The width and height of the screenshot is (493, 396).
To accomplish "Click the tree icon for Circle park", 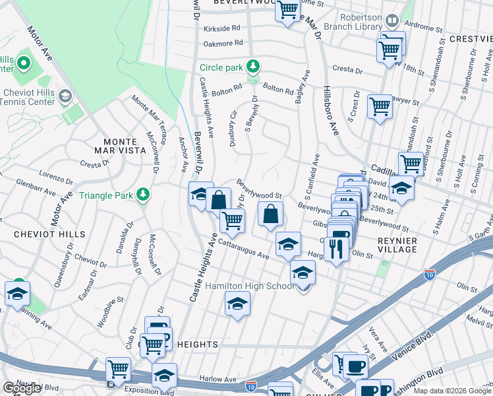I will (252, 66).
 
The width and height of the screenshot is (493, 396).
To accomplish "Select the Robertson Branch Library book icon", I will (391, 21).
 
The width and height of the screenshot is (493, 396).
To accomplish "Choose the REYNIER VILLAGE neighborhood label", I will (397, 244).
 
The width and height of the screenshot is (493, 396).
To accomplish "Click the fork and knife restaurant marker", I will (336, 249).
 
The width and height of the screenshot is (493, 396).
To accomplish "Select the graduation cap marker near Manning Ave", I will (17, 294).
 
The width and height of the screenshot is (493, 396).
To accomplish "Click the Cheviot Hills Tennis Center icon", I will (65, 97).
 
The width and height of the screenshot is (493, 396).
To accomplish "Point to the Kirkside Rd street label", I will (222, 28).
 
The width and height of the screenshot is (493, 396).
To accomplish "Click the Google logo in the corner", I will (22, 388).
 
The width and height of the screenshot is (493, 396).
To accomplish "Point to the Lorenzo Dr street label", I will (57, 178).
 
